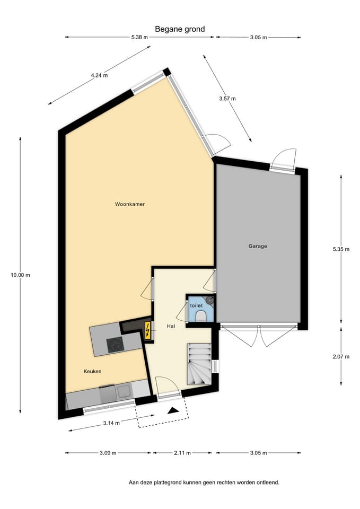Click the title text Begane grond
point(180,30)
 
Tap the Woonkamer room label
point(130,204)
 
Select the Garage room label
point(258,246)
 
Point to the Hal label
point(171,326)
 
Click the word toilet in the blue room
point(196,306)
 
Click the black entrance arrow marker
point(173,410)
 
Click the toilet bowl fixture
point(201,316)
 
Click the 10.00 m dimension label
point(21,275)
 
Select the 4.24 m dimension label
point(99,75)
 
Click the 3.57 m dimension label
point(227,99)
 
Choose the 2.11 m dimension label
point(183,453)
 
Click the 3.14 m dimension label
point(111,423)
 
